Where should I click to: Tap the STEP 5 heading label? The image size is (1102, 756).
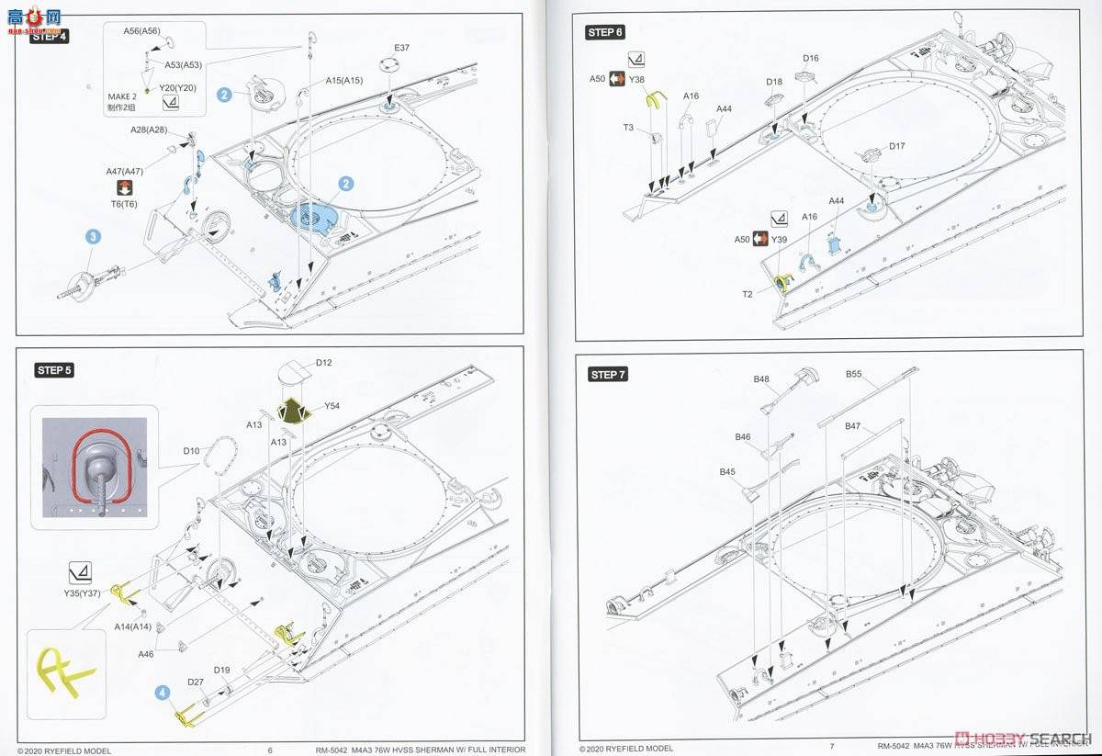coord(54,370)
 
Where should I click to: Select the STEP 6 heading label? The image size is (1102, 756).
coord(605,32)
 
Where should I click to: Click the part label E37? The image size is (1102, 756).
coord(401,48)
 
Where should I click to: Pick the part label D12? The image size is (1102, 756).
coord(323,363)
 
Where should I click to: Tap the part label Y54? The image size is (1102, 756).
coord(332,406)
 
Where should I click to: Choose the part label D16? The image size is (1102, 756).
coord(810,59)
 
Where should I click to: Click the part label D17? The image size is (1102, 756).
coord(896,146)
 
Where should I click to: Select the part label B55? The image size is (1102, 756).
coord(854,375)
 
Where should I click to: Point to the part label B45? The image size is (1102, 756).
coord(727,471)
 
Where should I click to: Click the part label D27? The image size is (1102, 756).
coord(195,682)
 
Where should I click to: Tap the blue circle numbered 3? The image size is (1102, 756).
coord(94,237)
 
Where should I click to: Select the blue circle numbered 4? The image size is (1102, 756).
coord(163,694)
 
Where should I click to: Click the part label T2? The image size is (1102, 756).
coord(748,294)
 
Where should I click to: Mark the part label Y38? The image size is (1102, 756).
coord(637,80)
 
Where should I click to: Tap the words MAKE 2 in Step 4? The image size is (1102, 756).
coord(121,96)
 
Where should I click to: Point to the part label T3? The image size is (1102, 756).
coord(628,128)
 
